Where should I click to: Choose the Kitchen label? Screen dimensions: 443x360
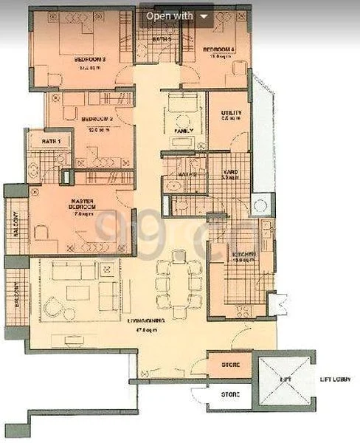tap(244, 255)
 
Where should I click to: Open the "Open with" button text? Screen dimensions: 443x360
tap(169, 15)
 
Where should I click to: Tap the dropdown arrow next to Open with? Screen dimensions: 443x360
tap(204, 16)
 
